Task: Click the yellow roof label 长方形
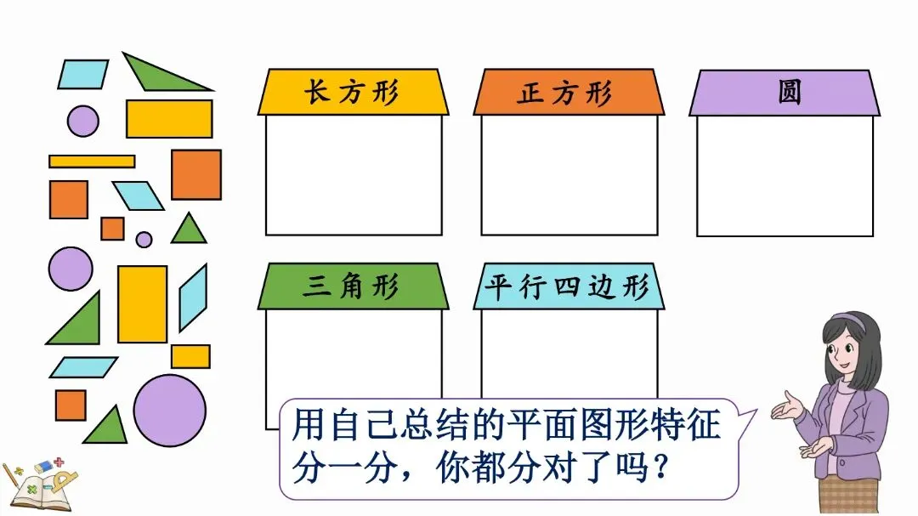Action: tap(353, 92)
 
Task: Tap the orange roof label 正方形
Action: tap(568, 92)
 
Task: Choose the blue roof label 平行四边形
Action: tap(568, 286)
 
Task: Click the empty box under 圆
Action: tap(785, 175)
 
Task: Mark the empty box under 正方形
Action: tap(569, 175)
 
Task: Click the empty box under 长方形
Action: tap(354, 175)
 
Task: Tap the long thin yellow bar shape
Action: tap(92, 161)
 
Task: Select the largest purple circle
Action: tap(169, 411)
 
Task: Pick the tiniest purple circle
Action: tap(144, 240)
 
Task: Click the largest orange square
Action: tap(196, 174)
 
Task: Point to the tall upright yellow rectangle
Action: tap(142, 303)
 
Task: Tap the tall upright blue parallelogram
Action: tap(193, 298)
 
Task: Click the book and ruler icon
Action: tap(34, 485)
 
